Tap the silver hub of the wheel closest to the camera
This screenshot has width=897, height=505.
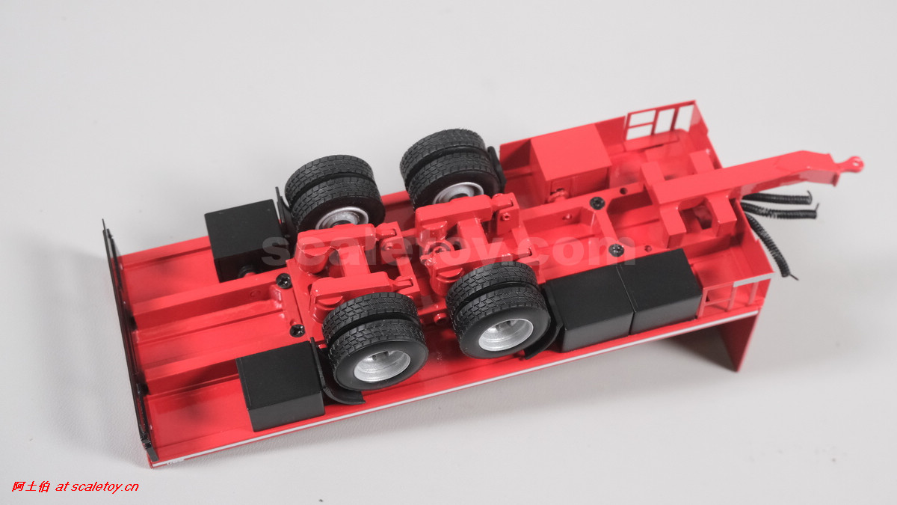382,366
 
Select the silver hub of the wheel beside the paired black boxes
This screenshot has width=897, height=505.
506,334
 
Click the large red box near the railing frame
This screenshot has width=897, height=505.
569,154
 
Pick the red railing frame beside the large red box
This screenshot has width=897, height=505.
661,120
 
